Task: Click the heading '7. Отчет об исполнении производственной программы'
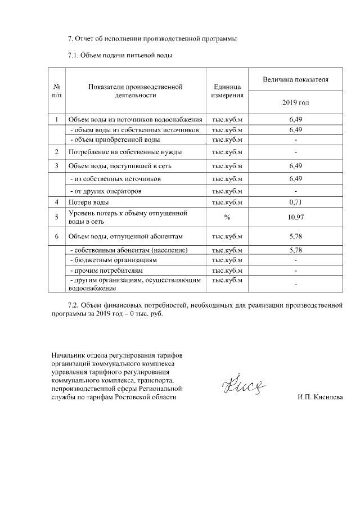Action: (152, 39)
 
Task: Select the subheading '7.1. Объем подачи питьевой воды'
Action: (119, 55)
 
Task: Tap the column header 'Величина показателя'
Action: (295, 80)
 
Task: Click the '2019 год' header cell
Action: (295, 103)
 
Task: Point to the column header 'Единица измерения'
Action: (227, 91)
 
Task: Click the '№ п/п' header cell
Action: (57, 91)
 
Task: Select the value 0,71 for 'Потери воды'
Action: (295, 202)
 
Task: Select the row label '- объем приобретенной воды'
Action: (115, 139)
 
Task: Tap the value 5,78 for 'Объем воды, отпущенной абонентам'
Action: (295, 236)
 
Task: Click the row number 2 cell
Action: (57, 152)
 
